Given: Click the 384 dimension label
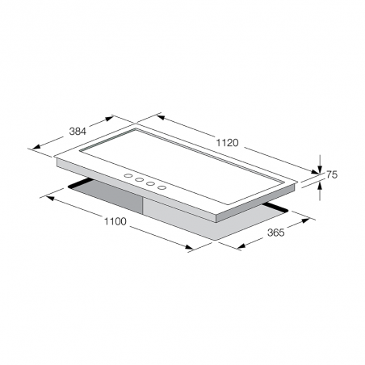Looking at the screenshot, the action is [x=78, y=132].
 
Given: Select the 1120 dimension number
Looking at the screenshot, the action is [x=228, y=143].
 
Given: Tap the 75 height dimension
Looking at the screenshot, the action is [x=332, y=174].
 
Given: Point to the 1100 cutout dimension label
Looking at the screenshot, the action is [x=115, y=221].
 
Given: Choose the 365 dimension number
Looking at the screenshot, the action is [x=275, y=233].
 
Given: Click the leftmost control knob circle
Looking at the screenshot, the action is [x=128, y=176].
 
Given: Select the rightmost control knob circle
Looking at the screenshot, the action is [x=162, y=187].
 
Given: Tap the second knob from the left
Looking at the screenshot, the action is [x=140, y=179].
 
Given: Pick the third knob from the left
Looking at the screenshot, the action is [x=150, y=183].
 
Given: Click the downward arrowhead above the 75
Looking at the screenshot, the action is [x=320, y=170].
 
